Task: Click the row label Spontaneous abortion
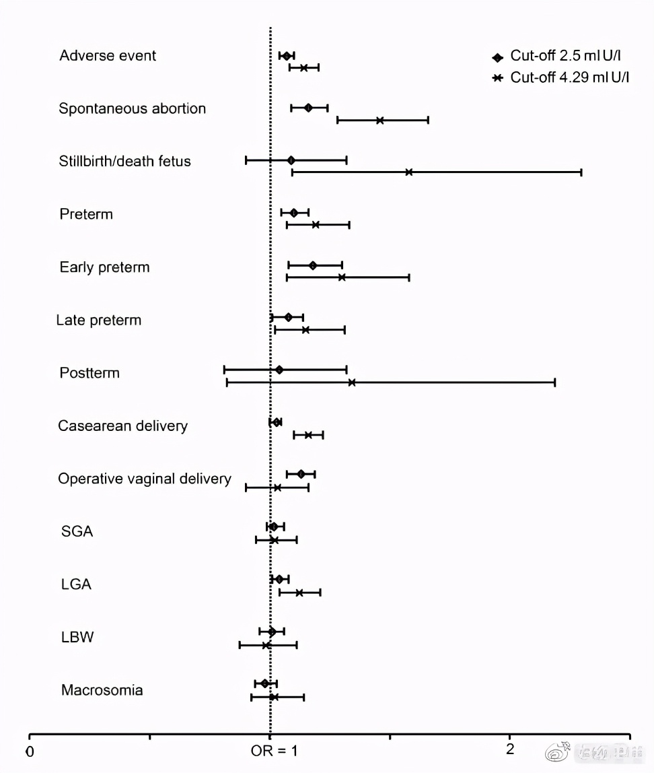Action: coord(132,108)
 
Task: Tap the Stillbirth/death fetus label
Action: coord(124,161)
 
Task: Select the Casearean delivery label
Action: coord(122,426)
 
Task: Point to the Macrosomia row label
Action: coord(102,690)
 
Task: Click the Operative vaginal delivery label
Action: coord(144,479)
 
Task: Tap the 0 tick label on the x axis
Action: coord(30,751)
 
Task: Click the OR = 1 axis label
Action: coord(274,751)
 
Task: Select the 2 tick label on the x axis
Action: coord(510,749)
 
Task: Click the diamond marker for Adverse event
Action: coord(287,56)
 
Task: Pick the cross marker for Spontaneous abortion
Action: coord(380,121)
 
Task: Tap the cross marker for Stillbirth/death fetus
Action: coord(408,172)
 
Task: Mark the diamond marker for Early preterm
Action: coord(313,265)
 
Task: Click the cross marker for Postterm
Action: coord(351,382)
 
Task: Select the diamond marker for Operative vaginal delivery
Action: coord(301,474)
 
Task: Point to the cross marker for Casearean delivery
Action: coord(308,435)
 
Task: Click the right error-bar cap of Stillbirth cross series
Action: coord(581,172)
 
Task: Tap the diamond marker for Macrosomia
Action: coord(265,683)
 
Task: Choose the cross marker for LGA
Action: coord(299,593)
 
